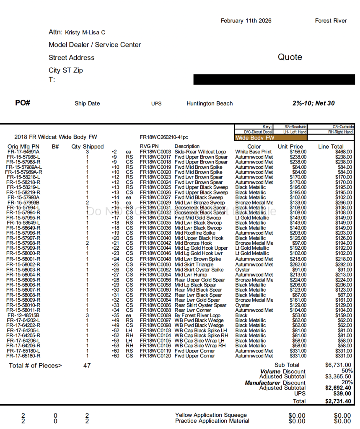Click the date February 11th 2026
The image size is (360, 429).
tap(246, 21)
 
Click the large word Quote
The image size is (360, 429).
tap(290, 57)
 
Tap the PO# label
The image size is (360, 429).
tap(23, 103)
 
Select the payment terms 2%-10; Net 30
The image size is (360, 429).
tap(313, 103)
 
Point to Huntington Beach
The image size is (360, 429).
tap(210, 103)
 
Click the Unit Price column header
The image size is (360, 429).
tap(290, 147)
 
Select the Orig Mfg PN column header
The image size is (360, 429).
tap(23, 147)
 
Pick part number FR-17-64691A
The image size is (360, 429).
tap(23, 152)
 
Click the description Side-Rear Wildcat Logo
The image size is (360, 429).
tap(200, 152)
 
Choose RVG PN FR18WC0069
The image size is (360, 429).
tap(155, 315)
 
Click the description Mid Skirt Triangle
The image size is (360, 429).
tap(194, 265)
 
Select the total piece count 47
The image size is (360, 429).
tap(87, 365)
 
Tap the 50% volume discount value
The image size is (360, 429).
tap(347, 371)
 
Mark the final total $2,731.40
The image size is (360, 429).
tap(338, 401)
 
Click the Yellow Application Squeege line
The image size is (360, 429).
tap(211, 415)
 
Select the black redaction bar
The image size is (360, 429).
tap(274, 80)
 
